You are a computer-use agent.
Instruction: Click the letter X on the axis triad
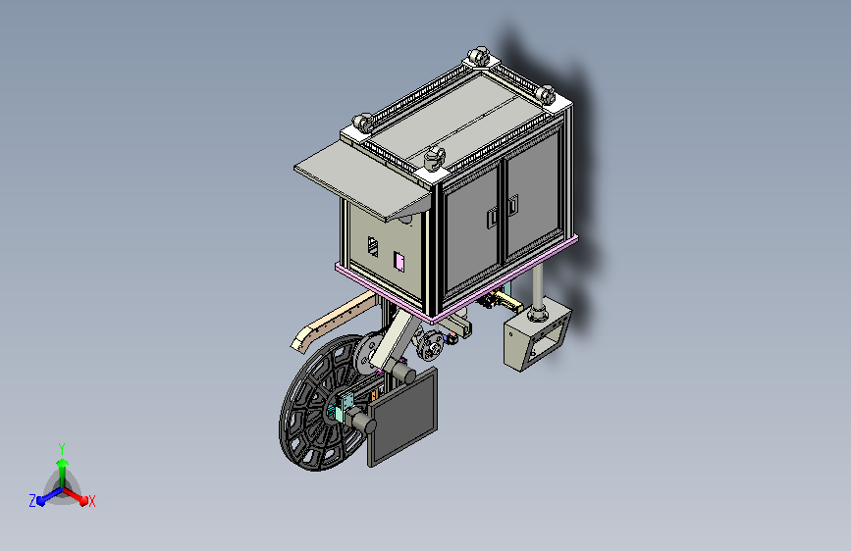pos(91,502)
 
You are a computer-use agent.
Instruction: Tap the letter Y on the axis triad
pos(62,449)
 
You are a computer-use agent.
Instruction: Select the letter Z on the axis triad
pos(32,501)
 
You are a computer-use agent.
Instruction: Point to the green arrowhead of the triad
pos(62,463)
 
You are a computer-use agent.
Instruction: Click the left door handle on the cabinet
pos(493,218)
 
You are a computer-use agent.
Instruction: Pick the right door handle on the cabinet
pos(513,205)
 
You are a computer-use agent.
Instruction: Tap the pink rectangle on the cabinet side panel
pos(399,262)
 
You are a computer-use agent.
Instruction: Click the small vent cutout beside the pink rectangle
pos(373,247)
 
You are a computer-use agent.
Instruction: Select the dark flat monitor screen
pos(403,417)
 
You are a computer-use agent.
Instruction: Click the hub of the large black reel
pos(332,411)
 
